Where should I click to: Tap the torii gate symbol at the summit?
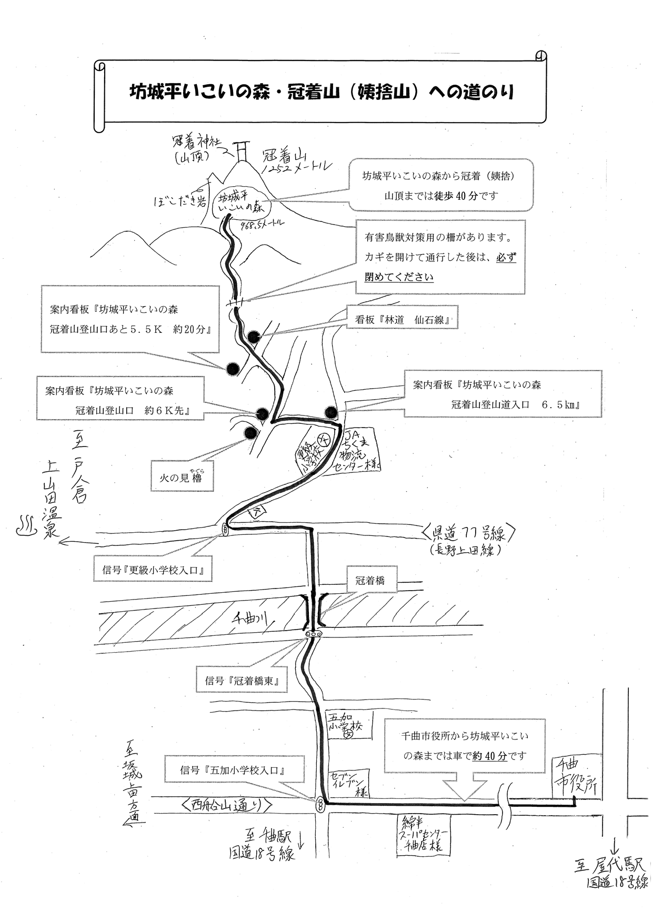242,151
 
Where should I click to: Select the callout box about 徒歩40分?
440,186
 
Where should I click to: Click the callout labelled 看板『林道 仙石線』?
403,319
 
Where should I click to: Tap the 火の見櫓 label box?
182,476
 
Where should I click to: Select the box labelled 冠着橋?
370,580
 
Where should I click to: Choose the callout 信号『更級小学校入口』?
153,570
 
